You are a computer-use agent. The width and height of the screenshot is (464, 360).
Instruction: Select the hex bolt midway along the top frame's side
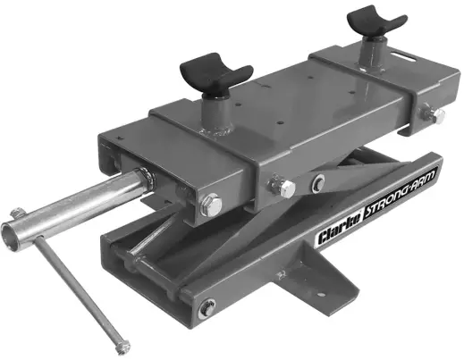[285, 188]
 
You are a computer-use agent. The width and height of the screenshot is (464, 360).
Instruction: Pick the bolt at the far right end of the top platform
[437, 116]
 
